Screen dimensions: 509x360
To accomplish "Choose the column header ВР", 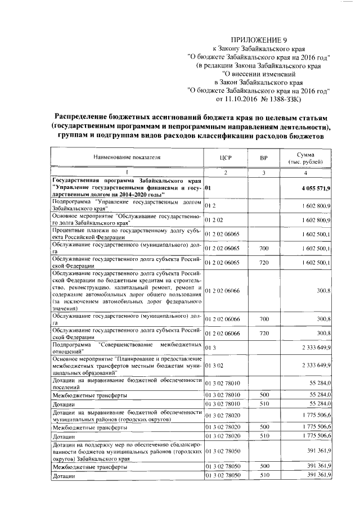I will [263, 158].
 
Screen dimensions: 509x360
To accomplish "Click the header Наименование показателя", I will [127, 158].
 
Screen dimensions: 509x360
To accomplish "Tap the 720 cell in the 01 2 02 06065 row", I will [263, 262].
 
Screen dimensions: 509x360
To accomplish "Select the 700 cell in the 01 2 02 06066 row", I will [263, 319].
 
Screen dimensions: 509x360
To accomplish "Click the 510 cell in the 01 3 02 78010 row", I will [263, 404].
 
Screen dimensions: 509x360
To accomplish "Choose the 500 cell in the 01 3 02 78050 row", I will [263, 467].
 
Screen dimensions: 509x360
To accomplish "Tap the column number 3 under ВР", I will [263, 172].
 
